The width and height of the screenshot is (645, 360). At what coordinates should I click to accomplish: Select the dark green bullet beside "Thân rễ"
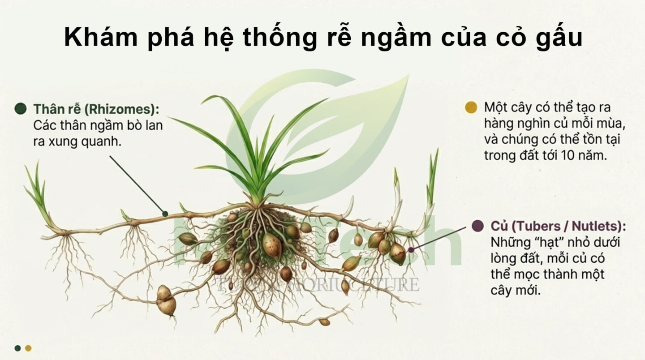click(x=20, y=108)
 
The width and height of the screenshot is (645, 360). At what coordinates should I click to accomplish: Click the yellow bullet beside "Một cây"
click(x=470, y=107)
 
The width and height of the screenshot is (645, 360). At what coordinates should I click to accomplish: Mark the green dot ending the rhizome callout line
click(x=165, y=214)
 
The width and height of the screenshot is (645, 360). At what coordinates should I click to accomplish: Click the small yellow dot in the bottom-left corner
click(x=28, y=348)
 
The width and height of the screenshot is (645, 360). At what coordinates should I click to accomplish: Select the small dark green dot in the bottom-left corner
click(x=17, y=348)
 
